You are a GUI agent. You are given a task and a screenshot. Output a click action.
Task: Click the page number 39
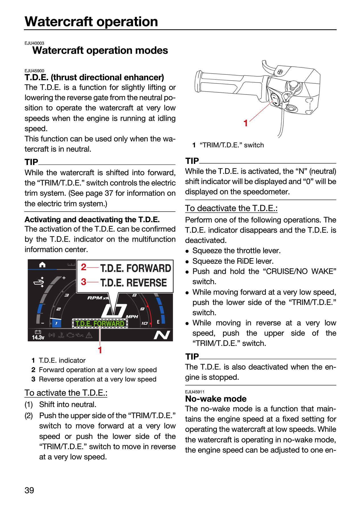coord(29,490)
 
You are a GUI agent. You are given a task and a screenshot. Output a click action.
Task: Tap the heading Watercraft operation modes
coord(100,50)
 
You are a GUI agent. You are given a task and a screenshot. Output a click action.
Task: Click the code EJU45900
coord(34,71)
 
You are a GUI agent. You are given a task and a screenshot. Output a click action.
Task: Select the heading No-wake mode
coord(216,399)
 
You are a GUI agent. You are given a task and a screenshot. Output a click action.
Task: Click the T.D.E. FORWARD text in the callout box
coord(136,268)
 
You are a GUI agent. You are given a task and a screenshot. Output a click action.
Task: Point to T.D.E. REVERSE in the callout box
coord(133,283)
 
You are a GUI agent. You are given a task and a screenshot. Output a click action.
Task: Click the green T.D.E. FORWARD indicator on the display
coord(100,323)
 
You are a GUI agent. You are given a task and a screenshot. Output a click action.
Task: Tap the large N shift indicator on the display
coord(162,335)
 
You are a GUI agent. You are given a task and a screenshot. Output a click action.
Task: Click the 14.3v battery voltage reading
coord(38,337)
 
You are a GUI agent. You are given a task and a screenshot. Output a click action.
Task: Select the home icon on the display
coord(42,265)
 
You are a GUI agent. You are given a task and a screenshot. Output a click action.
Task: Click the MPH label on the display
coord(132,317)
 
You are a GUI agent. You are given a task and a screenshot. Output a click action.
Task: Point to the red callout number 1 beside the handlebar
coord(246,123)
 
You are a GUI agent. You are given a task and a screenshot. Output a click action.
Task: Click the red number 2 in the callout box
coord(83,267)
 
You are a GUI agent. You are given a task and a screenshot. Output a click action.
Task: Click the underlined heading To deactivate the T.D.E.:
coord(231,208)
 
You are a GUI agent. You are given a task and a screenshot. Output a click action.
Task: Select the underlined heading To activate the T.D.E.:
coord(66,393)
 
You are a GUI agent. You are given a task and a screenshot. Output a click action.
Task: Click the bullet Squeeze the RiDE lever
coord(233,261)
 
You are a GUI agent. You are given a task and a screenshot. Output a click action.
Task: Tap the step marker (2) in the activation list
coord(29,416)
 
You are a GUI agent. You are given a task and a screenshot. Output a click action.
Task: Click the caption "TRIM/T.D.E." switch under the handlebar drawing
coord(232,145)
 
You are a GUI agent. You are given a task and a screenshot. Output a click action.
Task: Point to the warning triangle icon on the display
coord(89,335)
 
